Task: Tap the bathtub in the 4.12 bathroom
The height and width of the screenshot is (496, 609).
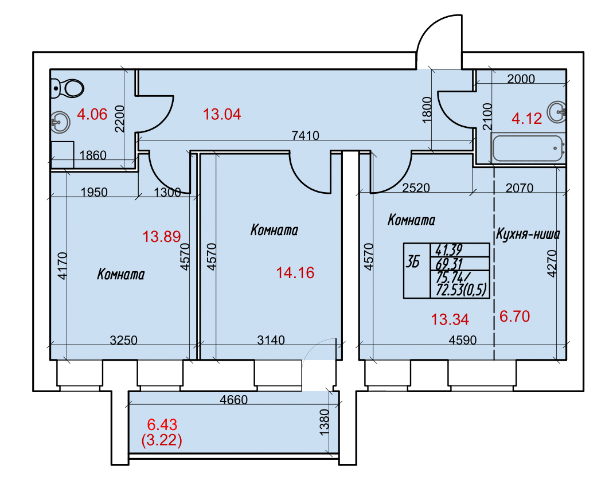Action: tap(528, 148)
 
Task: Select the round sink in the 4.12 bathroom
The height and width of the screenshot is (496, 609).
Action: tap(557, 112)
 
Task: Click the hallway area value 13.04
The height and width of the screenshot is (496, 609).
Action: tap(222, 114)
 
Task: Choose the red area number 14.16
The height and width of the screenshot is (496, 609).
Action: tap(295, 273)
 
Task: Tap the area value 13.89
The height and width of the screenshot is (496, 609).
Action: tap(162, 237)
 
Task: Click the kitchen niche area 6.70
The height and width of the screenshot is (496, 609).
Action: tap(514, 317)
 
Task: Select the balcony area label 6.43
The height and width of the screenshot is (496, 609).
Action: tap(162, 424)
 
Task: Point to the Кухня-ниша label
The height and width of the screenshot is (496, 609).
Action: tap(528, 235)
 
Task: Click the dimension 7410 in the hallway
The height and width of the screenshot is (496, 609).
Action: tap(305, 135)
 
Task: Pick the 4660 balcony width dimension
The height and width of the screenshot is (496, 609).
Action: tap(233, 400)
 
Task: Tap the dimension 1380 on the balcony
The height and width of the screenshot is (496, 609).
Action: tap(324, 422)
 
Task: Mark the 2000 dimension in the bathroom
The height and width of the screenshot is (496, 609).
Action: tap(521, 79)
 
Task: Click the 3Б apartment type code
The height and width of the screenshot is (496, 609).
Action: tap(413, 263)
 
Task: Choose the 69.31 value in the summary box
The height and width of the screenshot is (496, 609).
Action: tap(449, 264)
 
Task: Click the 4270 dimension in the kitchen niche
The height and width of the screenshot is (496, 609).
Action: tap(552, 263)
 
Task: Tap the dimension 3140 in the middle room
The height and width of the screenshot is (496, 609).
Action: tap(271, 340)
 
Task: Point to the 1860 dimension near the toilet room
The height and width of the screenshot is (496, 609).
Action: tap(93, 155)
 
